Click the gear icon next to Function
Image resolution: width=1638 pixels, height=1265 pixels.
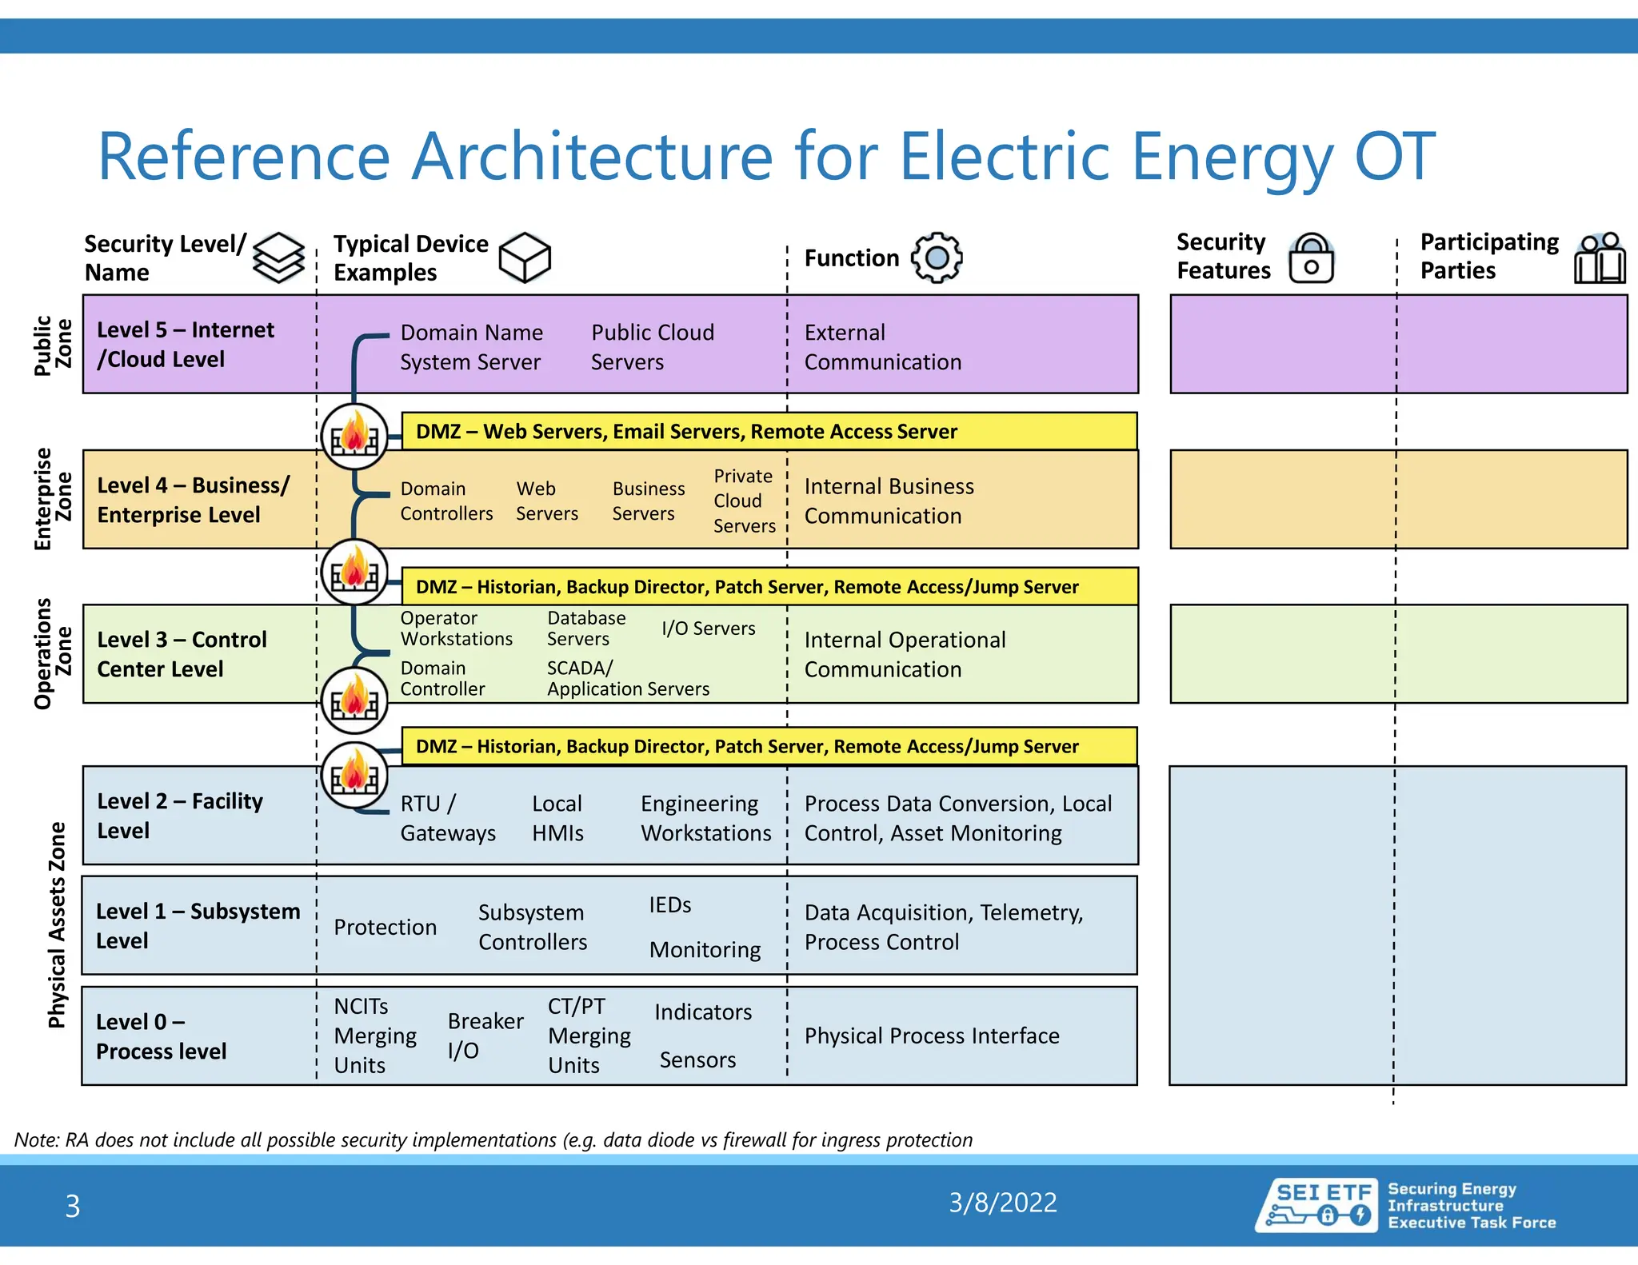(x=937, y=257)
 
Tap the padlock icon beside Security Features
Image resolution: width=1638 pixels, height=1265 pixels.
(x=1312, y=258)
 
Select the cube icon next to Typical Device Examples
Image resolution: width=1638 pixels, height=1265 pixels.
(x=525, y=257)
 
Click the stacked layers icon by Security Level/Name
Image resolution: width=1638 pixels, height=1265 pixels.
(x=278, y=257)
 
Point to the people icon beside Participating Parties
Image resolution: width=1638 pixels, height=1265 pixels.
(x=1600, y=258)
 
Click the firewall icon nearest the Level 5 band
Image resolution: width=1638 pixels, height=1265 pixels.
(x=354, y=436)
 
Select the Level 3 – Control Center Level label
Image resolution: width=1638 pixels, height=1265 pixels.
(x=182, y=654)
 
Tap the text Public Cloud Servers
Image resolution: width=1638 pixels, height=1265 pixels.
(x=652, y=347)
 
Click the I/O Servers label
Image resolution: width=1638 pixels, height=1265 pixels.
(x=708, y=629)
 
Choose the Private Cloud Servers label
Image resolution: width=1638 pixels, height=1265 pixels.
(x=744, y=501)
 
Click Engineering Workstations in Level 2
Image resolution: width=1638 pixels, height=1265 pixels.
(x=705, y=818)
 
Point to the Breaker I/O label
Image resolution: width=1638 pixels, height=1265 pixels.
(x=485, y=1036)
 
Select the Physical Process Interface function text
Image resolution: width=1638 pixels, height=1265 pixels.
(x=931, y=1036)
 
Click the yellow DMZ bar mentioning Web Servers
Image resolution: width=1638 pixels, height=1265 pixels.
(x=768, y=432)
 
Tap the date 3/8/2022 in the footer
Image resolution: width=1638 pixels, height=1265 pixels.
(x=1002, y=1203)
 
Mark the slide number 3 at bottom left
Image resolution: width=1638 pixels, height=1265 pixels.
(x=72, y=1206)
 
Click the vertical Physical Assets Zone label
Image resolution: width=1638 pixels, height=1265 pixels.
(x=56, y=924)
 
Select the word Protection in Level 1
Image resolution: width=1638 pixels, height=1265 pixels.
(x=385, y=927)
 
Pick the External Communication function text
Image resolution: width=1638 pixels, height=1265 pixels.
(x=882, y=347)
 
